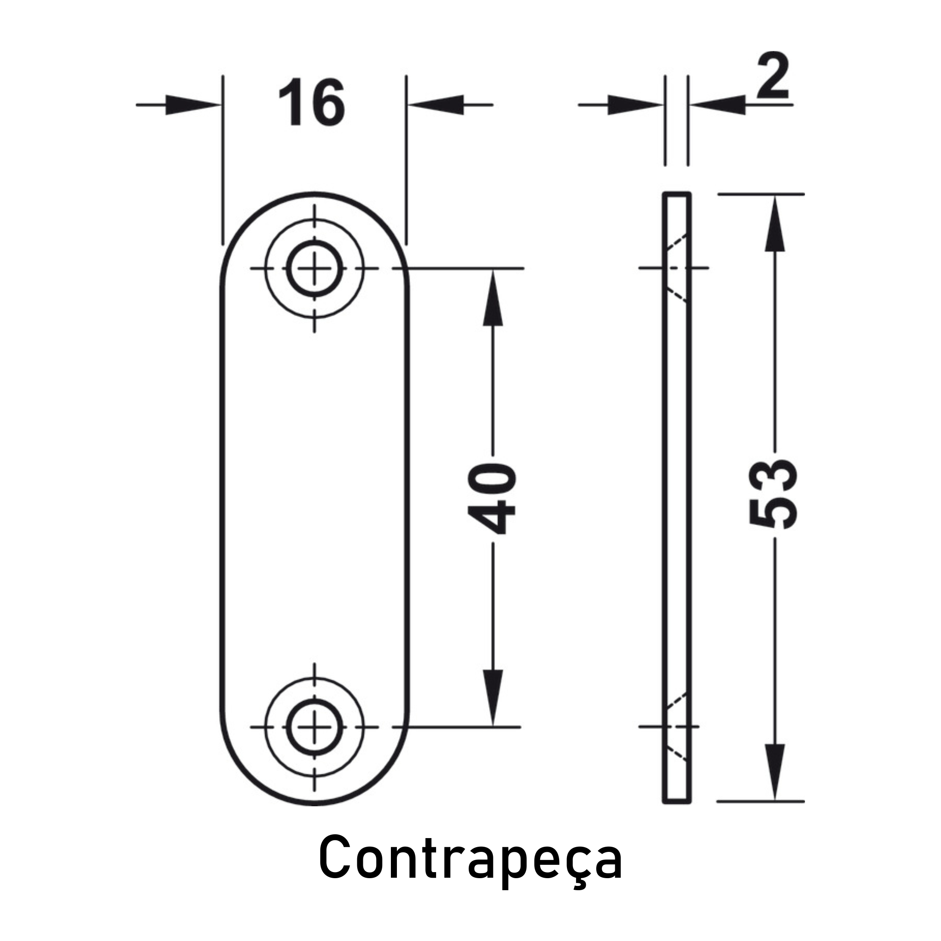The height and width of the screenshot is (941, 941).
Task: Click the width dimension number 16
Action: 312,103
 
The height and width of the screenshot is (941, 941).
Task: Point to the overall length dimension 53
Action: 773,494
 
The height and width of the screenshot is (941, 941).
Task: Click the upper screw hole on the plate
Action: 314,268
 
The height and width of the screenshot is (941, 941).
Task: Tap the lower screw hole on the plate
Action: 314,727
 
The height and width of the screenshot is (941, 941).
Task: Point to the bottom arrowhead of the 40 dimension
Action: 492,697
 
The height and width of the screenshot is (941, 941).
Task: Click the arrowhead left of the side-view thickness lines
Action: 636,105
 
